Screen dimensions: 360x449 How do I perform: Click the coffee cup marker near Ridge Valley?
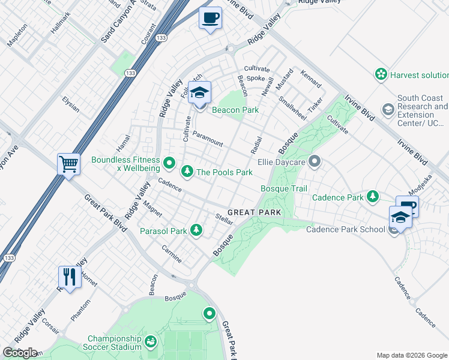210,19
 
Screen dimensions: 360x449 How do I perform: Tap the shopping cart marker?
69,163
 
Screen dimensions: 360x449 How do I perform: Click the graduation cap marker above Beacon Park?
200,92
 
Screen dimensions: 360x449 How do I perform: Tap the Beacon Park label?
235,110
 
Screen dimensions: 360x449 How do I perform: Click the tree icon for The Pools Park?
187,172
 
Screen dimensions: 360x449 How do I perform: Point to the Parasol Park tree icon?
196,230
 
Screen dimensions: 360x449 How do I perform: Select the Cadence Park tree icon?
373,197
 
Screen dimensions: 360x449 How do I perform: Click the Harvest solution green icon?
380,74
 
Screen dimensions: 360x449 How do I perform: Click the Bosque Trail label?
284,188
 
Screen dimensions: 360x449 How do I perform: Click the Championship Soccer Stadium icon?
150,342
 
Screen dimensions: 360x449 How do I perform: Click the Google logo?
20,353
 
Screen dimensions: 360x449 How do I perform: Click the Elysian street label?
70,104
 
